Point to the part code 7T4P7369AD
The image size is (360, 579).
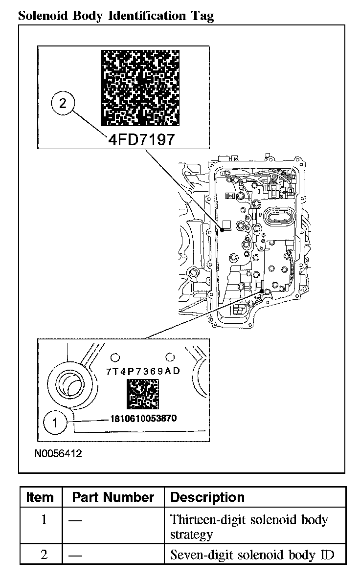[x=143, y=371]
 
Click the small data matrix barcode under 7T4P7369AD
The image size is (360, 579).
[x=143, y=394]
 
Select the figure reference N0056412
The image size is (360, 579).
[x=58, y=453]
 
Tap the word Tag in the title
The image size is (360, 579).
[x=202, y=16]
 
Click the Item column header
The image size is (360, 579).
[x=40, y=498]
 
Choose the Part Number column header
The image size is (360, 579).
[x=113, y=498]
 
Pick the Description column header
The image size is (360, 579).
[x=207, y=498]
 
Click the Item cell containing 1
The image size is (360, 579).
[x=44, y=519]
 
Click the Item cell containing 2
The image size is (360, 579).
[x=44, y=555]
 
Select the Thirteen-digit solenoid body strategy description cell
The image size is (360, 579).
[x=249, y=526]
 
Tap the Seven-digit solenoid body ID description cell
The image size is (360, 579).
[x=252, y=555]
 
